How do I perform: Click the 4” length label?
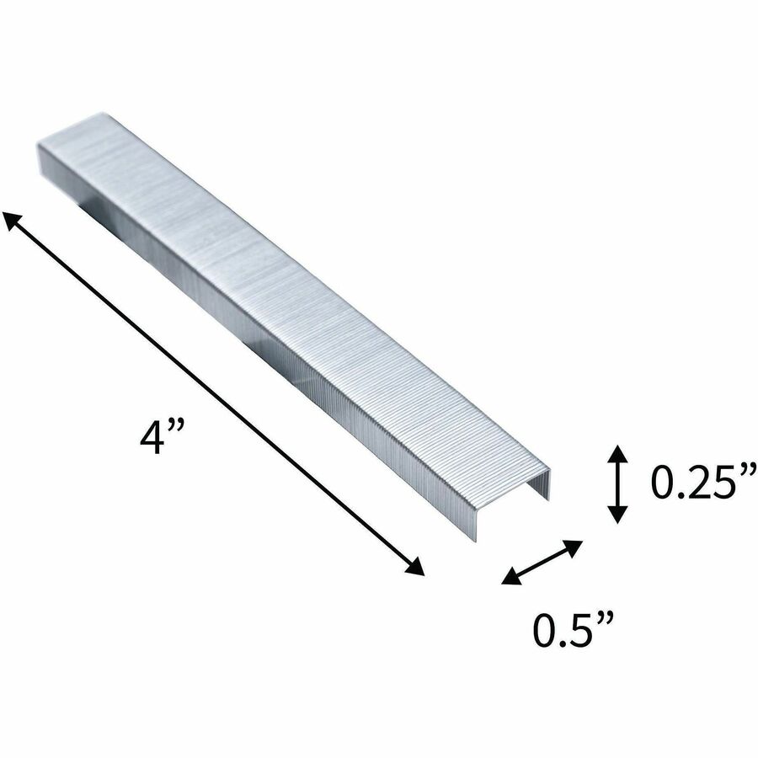click(162, 436)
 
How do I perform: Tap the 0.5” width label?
click(574, 628)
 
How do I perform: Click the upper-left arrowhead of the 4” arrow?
click(13, 222)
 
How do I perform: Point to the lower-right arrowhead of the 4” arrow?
click(414, 565)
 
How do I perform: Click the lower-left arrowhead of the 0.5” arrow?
click(512, 576)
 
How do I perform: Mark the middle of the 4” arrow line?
click(214, 393)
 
